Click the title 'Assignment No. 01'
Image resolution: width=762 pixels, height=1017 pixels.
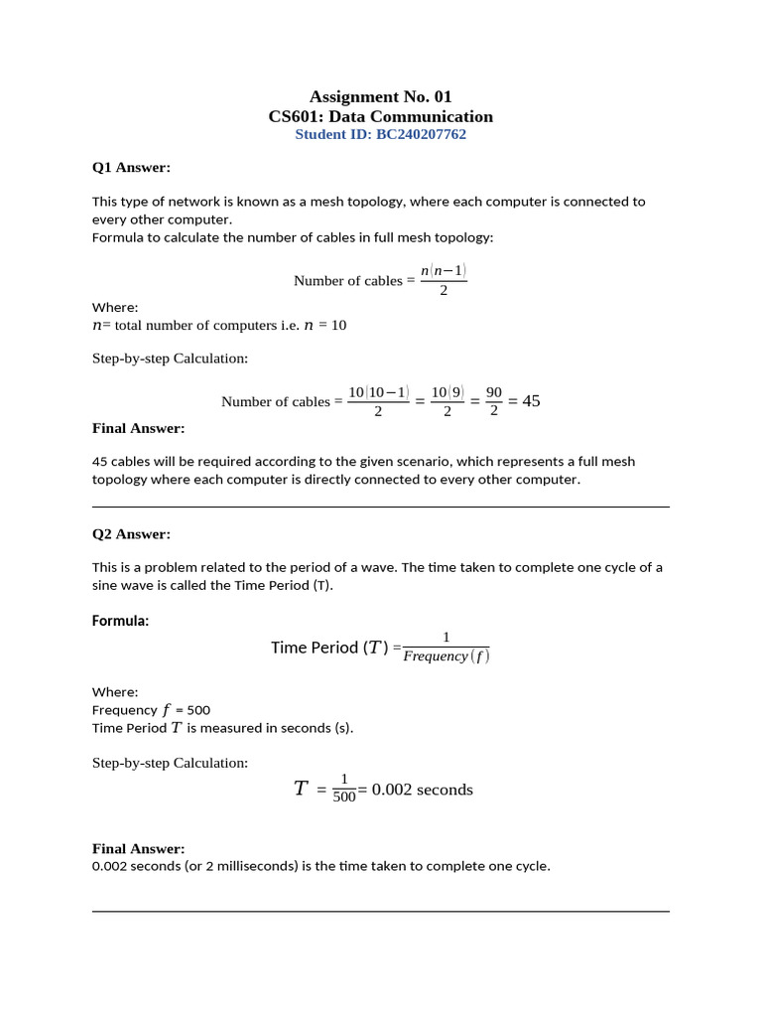(x=380, y=96)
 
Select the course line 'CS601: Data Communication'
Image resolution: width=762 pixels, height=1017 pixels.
(x=380, y=116)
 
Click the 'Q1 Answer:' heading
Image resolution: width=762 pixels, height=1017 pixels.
(x=131, y=167)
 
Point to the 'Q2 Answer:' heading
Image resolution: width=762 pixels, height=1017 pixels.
(x=131, y=533)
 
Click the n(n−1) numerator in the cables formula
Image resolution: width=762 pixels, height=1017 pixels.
(x=444, y=270)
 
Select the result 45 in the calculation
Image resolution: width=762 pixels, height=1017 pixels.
(x=531, y=401)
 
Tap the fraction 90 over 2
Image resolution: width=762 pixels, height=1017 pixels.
(x=494, y=401)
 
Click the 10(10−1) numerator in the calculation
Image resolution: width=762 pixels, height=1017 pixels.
(x=378, y=392)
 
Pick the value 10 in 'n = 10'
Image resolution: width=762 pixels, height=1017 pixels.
(x=338, y=325)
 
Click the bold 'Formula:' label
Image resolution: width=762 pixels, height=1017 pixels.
(x=120, y=621)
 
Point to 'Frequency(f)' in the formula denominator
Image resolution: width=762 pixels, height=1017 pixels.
(x=446, y=656)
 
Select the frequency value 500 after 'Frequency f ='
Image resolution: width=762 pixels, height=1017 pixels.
(x=198, y=710)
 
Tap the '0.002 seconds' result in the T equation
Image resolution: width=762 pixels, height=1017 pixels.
(x=422, y=790)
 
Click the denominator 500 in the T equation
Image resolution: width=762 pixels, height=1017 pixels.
(x=344, y=798)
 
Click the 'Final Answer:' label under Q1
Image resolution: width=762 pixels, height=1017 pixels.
(x=138, y=428)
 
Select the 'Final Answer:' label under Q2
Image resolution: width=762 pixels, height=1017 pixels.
(x=138, y=848)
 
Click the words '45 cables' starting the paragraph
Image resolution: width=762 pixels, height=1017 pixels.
(x=121, y=461)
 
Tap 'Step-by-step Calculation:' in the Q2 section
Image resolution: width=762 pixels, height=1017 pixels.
(x=170, y=763)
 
